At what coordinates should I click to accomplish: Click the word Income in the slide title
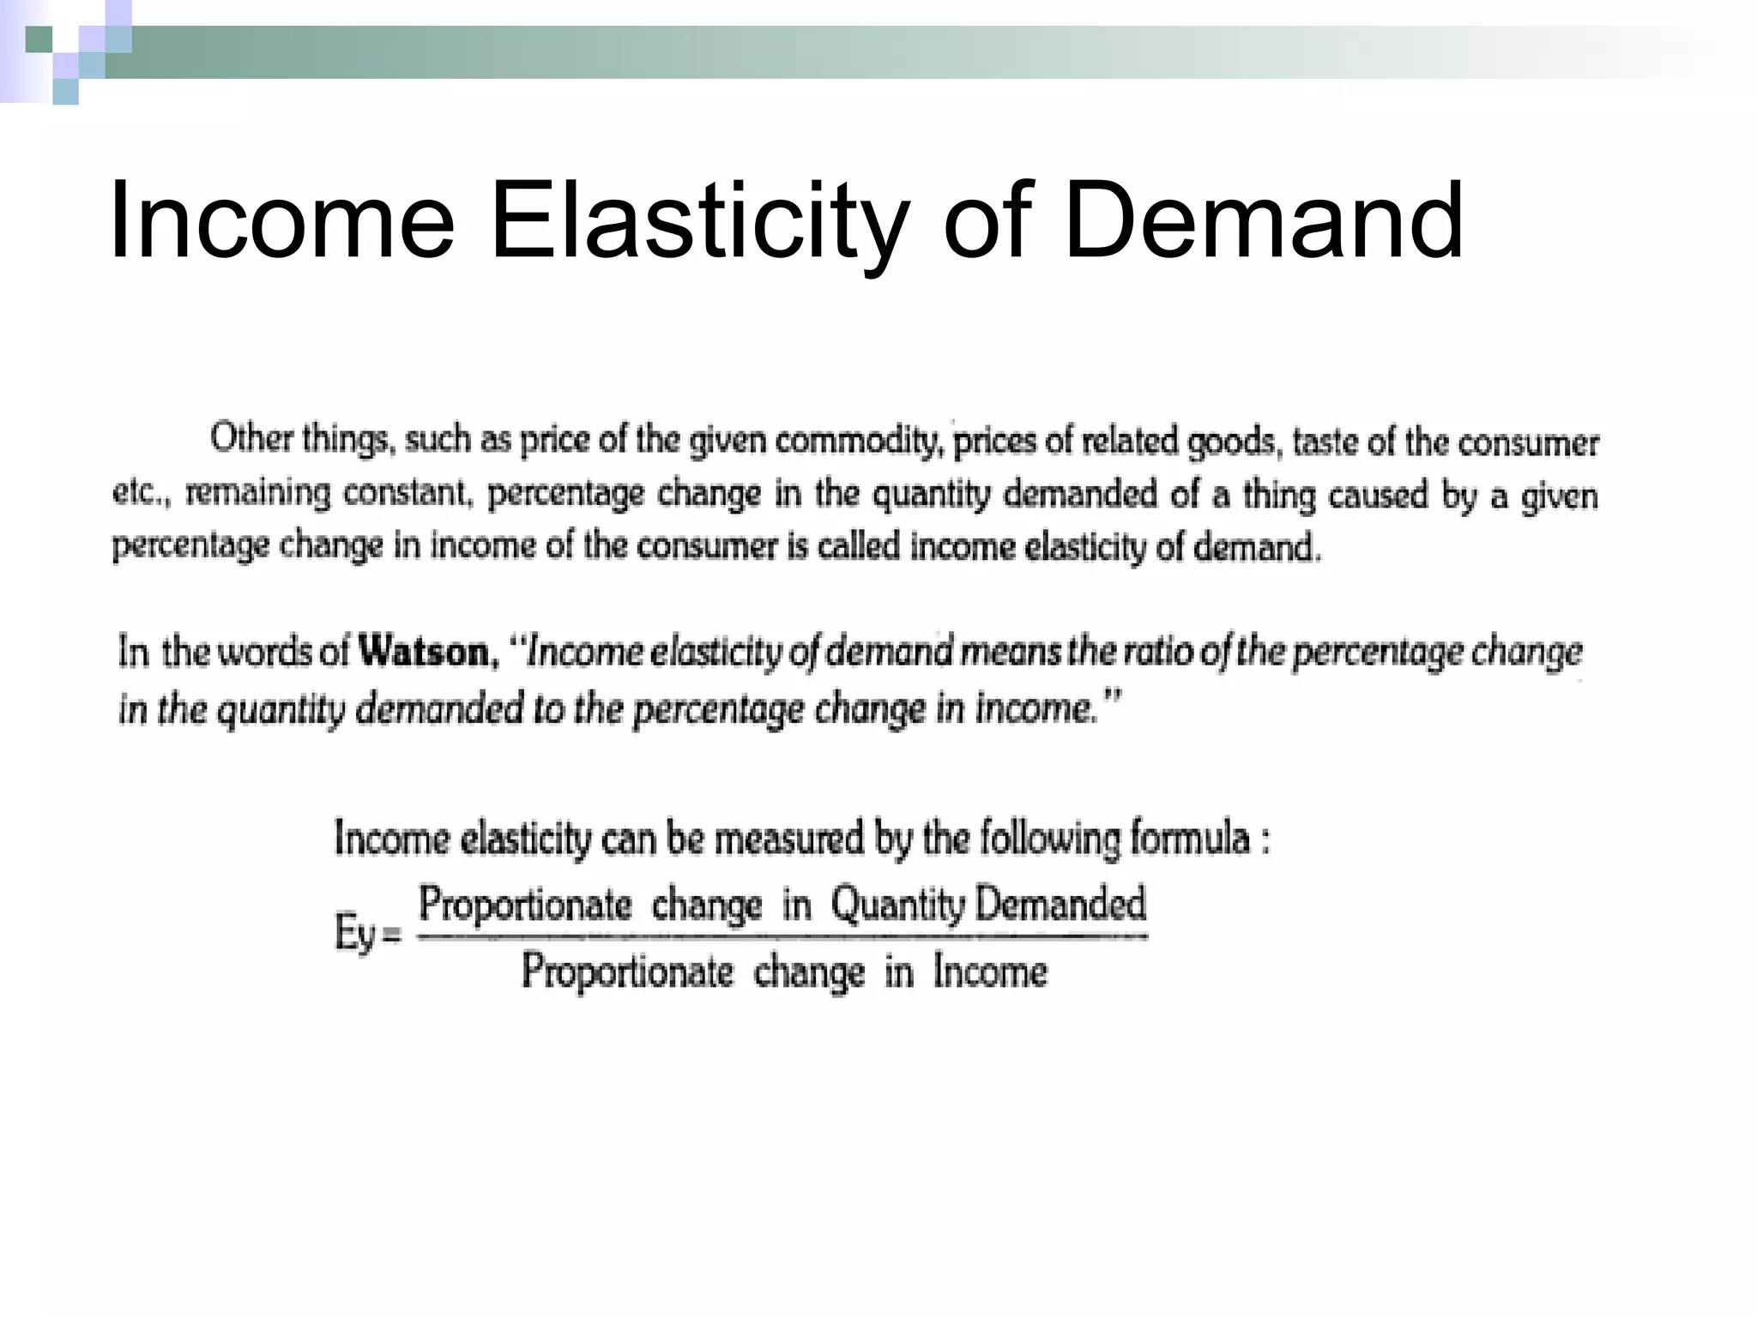click(x=281, y=220)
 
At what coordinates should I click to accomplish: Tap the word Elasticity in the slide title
click(x=697, y=220)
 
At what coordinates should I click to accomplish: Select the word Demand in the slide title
click(x=1263, y=220)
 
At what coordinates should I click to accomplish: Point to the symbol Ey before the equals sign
click(x=354, y=933)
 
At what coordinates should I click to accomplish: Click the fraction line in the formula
click(x=781, y=936)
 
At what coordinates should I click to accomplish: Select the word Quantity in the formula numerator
click(x=898, y=905)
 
